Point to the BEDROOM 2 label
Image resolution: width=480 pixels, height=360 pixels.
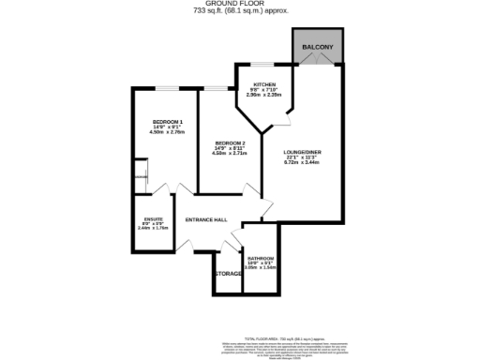230,142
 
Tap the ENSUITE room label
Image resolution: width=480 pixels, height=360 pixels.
151,220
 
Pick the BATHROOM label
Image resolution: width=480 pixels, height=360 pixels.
260,258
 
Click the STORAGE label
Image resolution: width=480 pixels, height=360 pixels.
228,273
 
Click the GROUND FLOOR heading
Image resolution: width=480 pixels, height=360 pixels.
240,5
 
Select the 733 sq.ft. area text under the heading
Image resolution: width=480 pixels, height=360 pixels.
240,12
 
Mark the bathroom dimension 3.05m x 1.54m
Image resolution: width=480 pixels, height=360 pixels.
260,268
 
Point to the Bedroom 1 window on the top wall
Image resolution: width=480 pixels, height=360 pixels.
169,89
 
